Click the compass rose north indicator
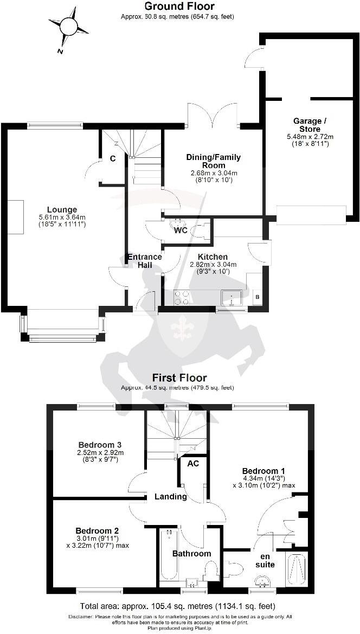(68, 26)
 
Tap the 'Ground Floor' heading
(179, 7)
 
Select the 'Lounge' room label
(62, 209)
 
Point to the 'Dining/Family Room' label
(213, 161)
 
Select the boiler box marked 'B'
(256, 297)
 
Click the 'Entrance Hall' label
(144, 261)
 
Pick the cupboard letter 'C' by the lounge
(112, 158)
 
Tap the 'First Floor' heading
(179, 377)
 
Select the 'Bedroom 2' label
(97, 530)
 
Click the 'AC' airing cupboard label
(192, 464)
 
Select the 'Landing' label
(170, 496)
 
